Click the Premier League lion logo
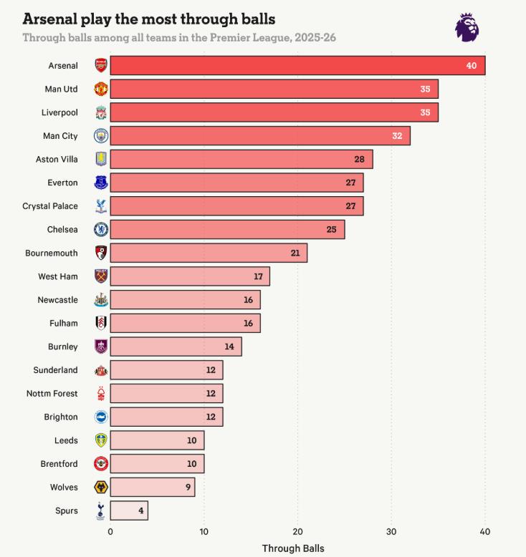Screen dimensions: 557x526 pyautogui.click(x=467, y=27)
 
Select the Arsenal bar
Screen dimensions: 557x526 pyautogui.click(x=297, y=65)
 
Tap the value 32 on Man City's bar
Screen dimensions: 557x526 pyautogui.click(x=396, y=136)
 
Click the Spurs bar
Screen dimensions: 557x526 pyautogui.click(x=129, y=510)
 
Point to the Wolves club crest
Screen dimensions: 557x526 pyautogui.click(x=101, y=488)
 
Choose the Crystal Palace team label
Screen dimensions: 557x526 pyautogui.click(x=50, y=206)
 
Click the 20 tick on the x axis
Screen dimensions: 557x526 pyautogui.click(x=297, y=532)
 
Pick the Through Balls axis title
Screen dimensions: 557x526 pyautogui.click(x=293, y=548)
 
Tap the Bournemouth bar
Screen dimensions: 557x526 pyautogui.click(x=209, y=253)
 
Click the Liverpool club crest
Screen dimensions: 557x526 pyautogui.click(x=101, y=112)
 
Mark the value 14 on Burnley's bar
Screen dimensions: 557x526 pyautogui.click(x=229, y=347)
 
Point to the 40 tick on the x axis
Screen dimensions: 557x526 pyautogui.click(x=485, y=532)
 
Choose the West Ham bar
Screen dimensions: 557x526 pyautogui.click(x=190, y=276)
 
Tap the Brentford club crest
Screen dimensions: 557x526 pyautogui.click(x=101, y=464)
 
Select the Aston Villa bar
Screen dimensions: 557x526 pyautogui.click(x=242, y=159)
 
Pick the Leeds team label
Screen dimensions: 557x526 pyautogui.click(x=66, y=440)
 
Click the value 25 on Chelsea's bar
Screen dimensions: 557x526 pyautogui.click(x=331, y=230)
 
